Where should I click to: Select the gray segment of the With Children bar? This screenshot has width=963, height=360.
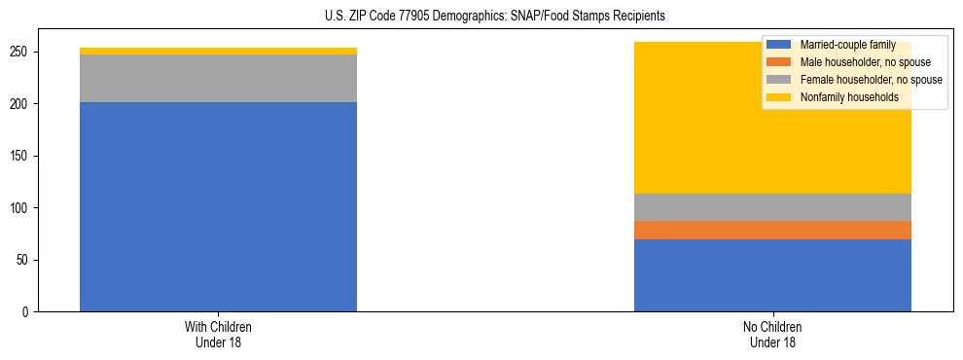[x=218, y=78]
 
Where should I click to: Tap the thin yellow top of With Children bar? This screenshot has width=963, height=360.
[x=218, y=51]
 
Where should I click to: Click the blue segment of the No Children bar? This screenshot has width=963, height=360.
[x=772, y=275]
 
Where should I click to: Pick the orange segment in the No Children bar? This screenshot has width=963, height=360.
[x=772, y=230]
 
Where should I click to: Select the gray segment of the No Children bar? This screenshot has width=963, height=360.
[x=772, y=207]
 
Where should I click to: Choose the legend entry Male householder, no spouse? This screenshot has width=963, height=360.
[x=857, y=62]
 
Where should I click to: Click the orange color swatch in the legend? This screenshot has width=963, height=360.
[x=779, y=62]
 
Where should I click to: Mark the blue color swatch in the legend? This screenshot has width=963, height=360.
[x=779, y=45]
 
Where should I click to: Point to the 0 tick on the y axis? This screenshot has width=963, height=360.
[x=29, y=312]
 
